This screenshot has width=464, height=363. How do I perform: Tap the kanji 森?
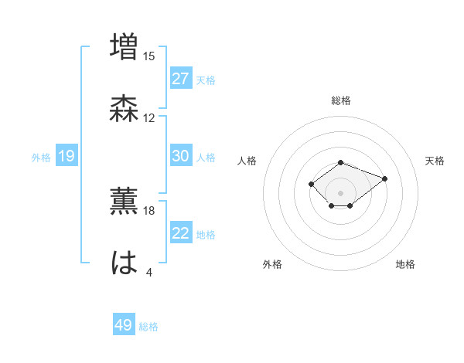(125, 109)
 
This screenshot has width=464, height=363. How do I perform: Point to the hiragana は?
(125, 263)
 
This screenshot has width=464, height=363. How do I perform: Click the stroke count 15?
(149, 56)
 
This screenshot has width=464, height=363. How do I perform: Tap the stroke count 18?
(149, 210)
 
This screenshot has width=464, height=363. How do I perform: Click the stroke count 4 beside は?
(149, 273)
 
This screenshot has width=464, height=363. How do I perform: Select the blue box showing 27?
(181, 79)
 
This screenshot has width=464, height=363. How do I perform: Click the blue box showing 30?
(181, 156)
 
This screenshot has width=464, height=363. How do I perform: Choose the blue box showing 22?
(181, 233)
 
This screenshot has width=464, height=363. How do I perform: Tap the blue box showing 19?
(67, 157)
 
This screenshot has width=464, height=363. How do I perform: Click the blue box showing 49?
(124, 325)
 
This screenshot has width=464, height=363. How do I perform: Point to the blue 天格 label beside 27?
(206, 80)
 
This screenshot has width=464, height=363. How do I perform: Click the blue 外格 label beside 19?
(41, 158)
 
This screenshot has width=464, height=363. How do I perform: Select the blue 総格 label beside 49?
(148, 326)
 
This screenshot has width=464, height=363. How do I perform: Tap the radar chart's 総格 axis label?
(341, 100)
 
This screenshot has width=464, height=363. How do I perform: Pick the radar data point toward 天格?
(384, 178)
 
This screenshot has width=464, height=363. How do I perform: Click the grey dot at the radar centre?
(341, 193)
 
